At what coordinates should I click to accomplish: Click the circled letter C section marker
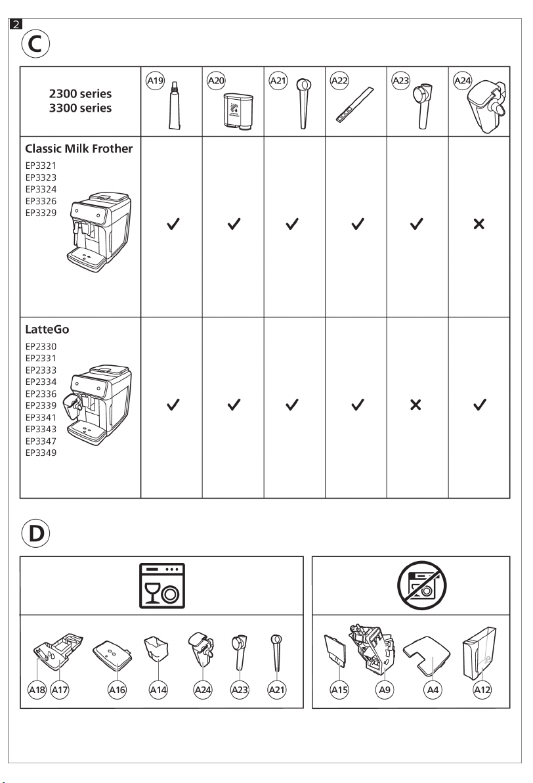pos(35,44)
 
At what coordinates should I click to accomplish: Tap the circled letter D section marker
pos(35,533)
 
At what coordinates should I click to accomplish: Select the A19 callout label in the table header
pos(155,80)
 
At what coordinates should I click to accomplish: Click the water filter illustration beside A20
pos(238,112)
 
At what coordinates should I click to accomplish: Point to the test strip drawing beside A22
pos(355,104)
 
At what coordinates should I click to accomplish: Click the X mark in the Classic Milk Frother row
pos(479,224)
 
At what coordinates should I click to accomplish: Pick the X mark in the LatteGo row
pos(416,405)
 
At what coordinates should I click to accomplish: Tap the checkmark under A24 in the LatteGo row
pos(480,405)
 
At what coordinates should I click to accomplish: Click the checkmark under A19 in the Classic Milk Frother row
pos(173,224)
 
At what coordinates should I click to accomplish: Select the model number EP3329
pos(41,213)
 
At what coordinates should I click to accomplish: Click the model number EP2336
pos(41,393)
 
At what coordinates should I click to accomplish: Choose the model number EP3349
pos(41,453)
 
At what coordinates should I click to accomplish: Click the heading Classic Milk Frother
pos(79,149)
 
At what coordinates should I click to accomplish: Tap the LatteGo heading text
pos(47,330)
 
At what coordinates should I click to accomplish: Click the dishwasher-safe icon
pos(161,586)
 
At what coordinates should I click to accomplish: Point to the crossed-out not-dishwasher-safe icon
pos(421,586)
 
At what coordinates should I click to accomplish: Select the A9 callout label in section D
pos(384,690)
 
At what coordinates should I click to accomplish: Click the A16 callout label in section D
pos(117,690)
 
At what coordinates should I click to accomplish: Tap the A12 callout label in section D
pos(482,690)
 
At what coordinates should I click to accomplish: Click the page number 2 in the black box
pos(16,24)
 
